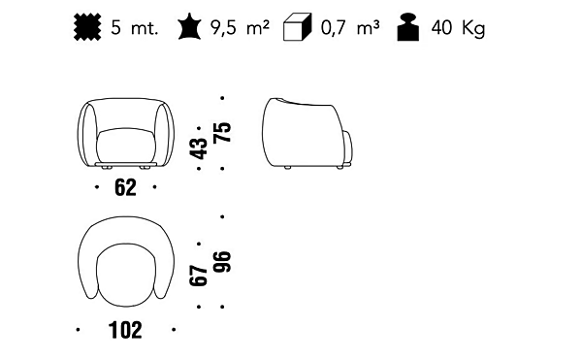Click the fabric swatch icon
tap(87, 27)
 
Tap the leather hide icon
tap(190, 26)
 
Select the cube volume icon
tap(297, 27)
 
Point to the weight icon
tap(408, 27)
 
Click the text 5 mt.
tap(135, 28)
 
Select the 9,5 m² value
tap(240, 28)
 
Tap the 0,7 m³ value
tap(350, 28)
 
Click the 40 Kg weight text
tap(458, 28)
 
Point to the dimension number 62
tap(125, 187)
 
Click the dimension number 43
tap(199, 148)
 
